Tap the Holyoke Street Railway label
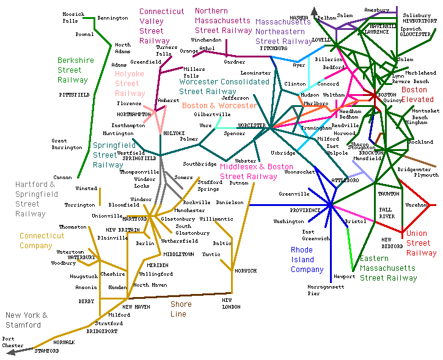130,84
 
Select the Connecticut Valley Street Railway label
161,26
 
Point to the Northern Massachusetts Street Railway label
223,21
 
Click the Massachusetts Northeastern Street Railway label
284,31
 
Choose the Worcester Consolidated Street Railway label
224,87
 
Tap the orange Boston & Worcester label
219,106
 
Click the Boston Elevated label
417,95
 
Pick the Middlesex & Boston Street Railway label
257,172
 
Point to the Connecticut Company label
42,241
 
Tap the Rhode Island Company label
307,260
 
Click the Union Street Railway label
421,243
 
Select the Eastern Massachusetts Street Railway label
388,268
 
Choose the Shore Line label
181,309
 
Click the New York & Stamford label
26,320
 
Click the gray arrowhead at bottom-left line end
11,352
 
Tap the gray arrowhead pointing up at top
314,10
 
